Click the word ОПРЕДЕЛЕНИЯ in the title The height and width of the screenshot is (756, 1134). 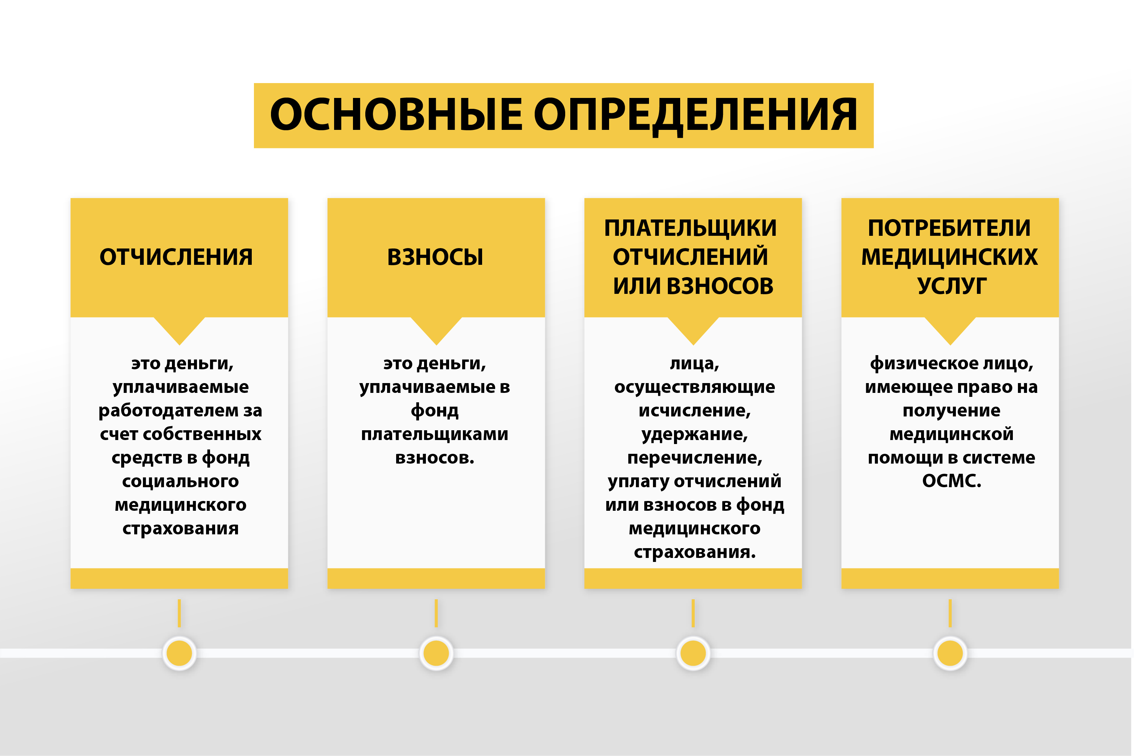coord(696,116)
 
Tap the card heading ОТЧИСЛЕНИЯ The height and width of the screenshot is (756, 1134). coord(176,257)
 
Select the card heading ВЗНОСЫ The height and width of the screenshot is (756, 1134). coord(435,257)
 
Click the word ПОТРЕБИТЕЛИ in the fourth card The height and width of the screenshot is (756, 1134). coord(950,228)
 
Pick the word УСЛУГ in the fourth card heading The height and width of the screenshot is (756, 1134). coord(952,286)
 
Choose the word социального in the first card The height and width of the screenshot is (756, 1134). coord(180,481)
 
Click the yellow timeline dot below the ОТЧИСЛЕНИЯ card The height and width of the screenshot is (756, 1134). coord(179,653)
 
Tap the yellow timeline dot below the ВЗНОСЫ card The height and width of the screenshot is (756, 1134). coord(436,653)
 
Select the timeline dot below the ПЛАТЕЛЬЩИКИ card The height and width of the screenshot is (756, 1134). coord(693,653)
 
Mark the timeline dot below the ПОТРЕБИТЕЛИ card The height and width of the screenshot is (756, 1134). coord(950,653)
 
